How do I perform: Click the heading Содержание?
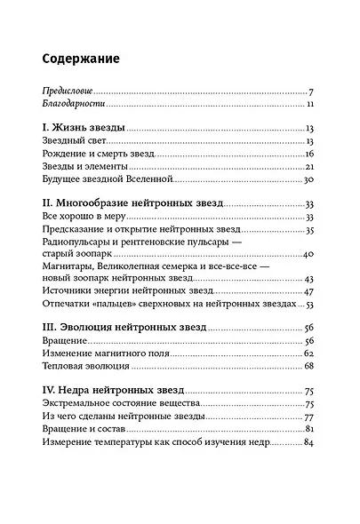click(82, 59)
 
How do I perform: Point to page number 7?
click(311, 91)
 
